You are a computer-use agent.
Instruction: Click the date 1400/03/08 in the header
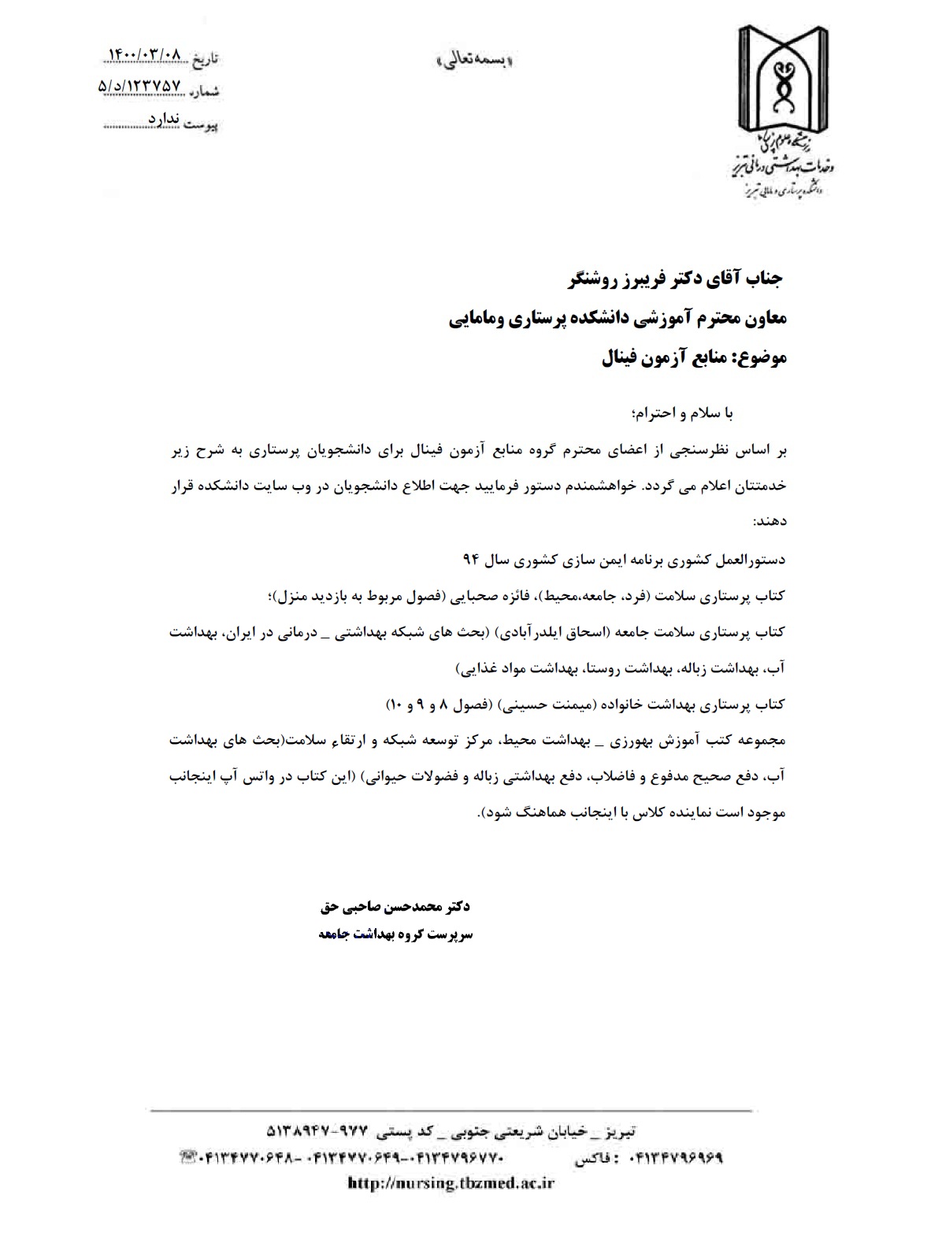tap(143, 55)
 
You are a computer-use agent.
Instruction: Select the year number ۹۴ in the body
tap(470, 560)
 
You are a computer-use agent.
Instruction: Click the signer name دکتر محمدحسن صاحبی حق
tap(395, 907)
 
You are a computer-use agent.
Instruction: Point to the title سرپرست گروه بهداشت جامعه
tap(395, 934)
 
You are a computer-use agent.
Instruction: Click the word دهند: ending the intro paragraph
tap(769, 522)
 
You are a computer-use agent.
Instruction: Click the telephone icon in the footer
tap(189, 1157)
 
